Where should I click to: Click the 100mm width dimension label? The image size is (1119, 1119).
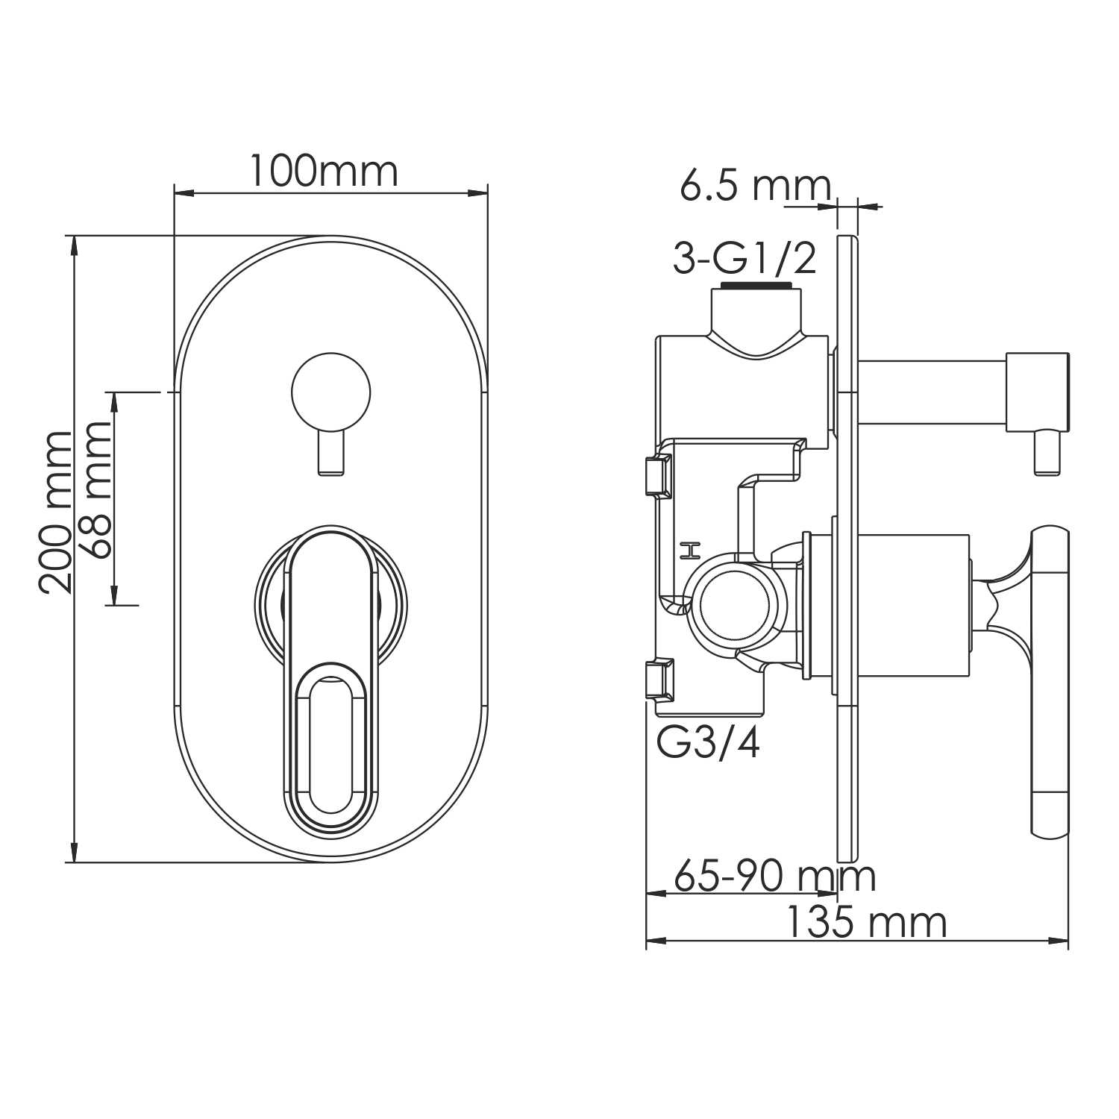[x=322, y=172]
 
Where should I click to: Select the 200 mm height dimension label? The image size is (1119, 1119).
[x=57, y=512]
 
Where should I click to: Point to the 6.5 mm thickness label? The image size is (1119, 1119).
[x=754, y=186]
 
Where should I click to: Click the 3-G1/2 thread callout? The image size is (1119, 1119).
[x=745, y=258]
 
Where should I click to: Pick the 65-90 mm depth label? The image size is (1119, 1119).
[x=774, y=876]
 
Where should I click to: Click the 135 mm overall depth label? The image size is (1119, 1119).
[x=866, y=923]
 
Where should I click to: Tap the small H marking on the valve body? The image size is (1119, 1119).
[x=690, y=551]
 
